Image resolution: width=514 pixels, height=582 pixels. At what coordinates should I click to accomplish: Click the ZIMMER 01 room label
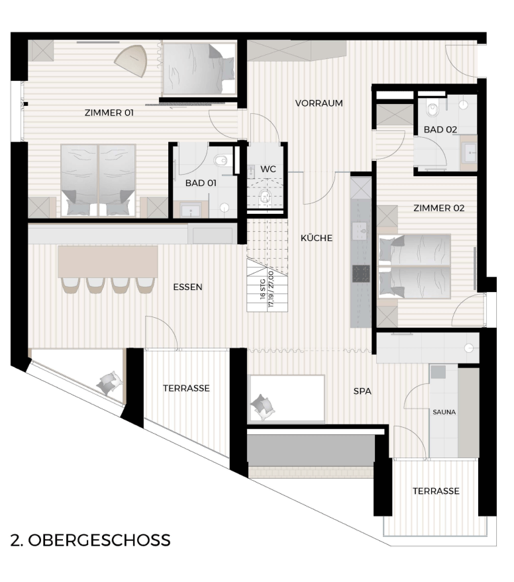(109, 113)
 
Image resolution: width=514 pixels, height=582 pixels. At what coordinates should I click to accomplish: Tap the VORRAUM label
(319, 103)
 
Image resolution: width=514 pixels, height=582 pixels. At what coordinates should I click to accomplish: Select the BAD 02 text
(440, 130)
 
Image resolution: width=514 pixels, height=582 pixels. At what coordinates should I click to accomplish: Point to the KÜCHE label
(317, 238)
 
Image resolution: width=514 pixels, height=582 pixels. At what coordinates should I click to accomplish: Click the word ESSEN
(187, 287)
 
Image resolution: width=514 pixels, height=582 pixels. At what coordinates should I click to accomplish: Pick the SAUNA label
(444, 412)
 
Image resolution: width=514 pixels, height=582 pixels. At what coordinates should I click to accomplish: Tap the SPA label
(362, 391)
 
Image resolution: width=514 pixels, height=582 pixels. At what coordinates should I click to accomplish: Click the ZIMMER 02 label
(438, 208)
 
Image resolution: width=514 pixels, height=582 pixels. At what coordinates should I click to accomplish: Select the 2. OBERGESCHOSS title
(90, 540)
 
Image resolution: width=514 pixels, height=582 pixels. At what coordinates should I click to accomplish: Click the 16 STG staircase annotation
(263, 290)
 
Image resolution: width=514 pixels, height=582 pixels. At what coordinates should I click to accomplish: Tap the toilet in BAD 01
(221, 161)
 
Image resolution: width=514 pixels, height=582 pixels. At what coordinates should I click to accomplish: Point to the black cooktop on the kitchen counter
(360, 274)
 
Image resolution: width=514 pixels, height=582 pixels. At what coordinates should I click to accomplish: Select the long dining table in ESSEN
(108, 262)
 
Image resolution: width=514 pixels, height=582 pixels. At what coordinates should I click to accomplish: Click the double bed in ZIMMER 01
(97, 180)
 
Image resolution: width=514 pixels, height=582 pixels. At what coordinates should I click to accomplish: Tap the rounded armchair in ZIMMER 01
(131, 60)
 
